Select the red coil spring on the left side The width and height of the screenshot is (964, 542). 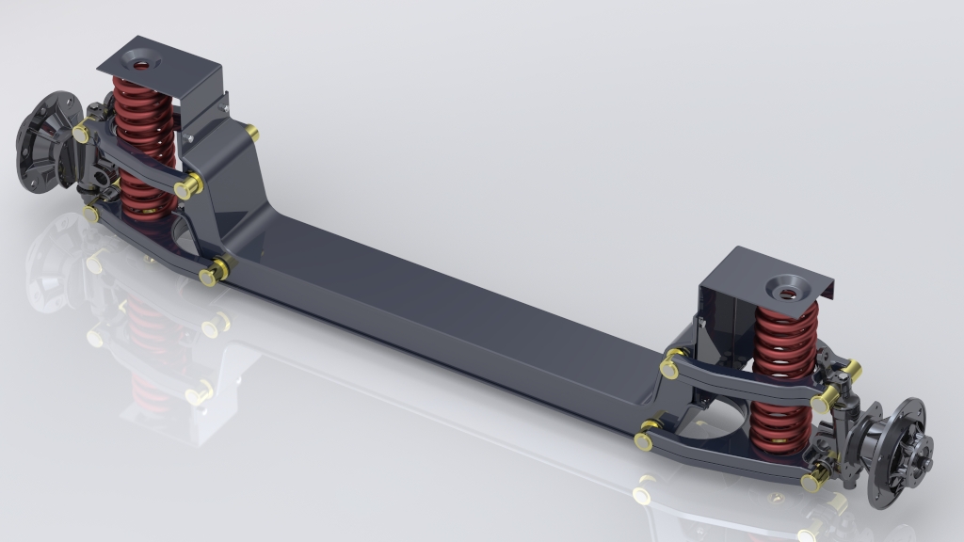(143, 141)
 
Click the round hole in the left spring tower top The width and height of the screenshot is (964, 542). (142, 65)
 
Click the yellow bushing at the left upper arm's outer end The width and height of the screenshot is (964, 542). (82, 134)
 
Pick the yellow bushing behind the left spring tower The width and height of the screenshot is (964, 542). (252, 134)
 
